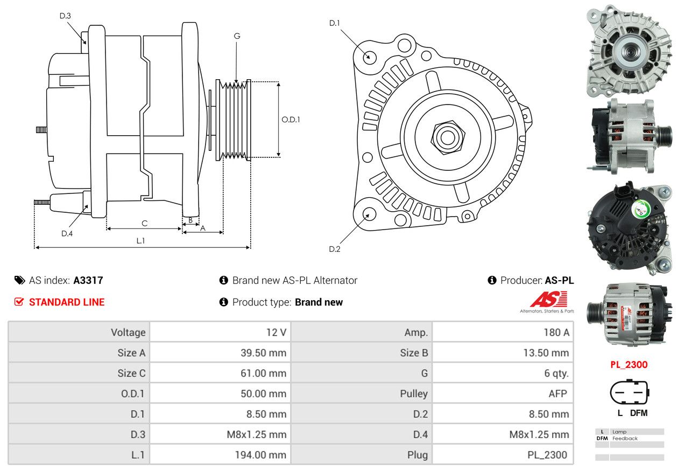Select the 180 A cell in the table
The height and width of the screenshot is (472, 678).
pos(556,332)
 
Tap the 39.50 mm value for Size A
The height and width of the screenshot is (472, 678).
pos(263,353)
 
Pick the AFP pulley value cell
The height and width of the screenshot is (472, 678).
pos(557,394)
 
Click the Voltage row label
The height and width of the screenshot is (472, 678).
pos(128,332)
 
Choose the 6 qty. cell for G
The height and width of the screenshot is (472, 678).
pos(556,373)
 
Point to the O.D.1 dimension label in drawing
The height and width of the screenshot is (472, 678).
pos(291,120)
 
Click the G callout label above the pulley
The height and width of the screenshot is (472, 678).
pos(237,36)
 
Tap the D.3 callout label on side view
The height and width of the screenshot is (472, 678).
pos(65,16)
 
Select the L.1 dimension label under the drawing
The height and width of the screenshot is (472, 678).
pos(140,241)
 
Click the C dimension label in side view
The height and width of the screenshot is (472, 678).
pos(144,223)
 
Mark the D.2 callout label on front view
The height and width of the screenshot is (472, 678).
pos(335,249)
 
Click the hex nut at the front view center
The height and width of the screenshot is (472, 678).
pos(446,137)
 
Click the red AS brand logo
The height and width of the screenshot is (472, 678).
pos(548,300)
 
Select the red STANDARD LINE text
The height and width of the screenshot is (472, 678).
pos(67,302)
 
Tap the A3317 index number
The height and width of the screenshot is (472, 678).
pos(88,281)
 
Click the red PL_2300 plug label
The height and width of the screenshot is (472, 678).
pos(628,365)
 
